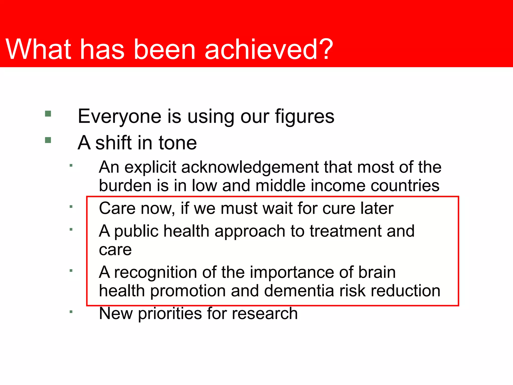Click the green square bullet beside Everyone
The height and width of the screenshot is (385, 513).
(x=48, y=114)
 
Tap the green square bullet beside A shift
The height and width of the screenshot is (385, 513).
(x=48, y=140)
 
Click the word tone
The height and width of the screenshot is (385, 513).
(x=178, y=143)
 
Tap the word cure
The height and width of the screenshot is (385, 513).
(x=338, y=209)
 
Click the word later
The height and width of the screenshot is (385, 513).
(x=377, y=208)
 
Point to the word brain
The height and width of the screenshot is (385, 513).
(x=377, y=272)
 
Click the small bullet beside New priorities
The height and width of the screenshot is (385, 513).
(x=71, y=312)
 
